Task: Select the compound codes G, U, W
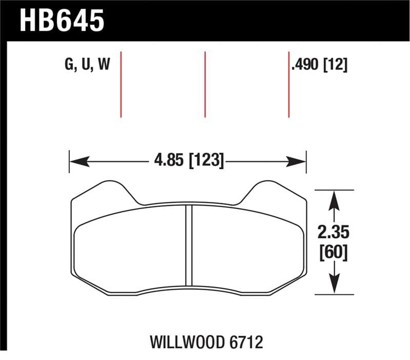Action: tap(88, 65)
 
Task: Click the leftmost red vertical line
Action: tap(121, 84)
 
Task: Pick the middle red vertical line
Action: tap(205, 84)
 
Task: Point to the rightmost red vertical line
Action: tap(289, 84)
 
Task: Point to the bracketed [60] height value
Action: tap(333, 252)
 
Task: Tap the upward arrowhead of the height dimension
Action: tap(334, 197)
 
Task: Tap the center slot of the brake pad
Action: tap(189, 245)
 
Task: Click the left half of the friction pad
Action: tap(131, 249)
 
